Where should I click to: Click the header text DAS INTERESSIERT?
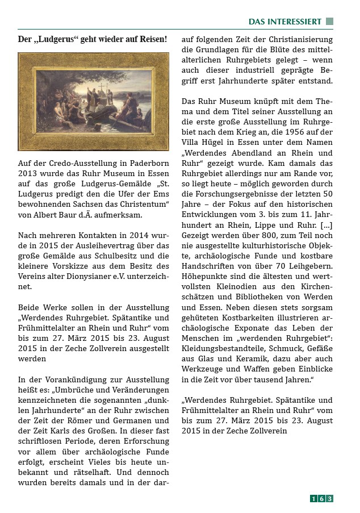285,22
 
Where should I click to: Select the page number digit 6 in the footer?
321,499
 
